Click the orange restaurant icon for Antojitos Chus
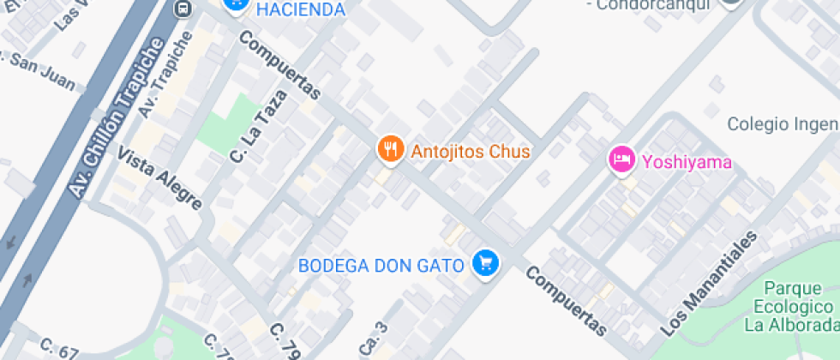point(391,150)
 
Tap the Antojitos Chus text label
point(471,152)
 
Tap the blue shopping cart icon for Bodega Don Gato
point(486,262)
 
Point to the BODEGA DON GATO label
point(381,265)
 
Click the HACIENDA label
point(300,9)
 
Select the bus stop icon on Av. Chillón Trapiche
point(182,9)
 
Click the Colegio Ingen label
point(781,124)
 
